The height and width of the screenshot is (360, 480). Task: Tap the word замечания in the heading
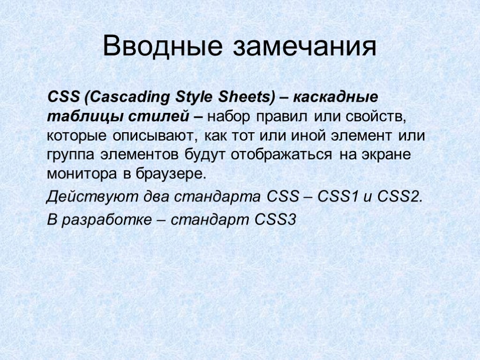(x=305, y=47)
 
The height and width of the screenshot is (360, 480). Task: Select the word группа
(x=70, y=155)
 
